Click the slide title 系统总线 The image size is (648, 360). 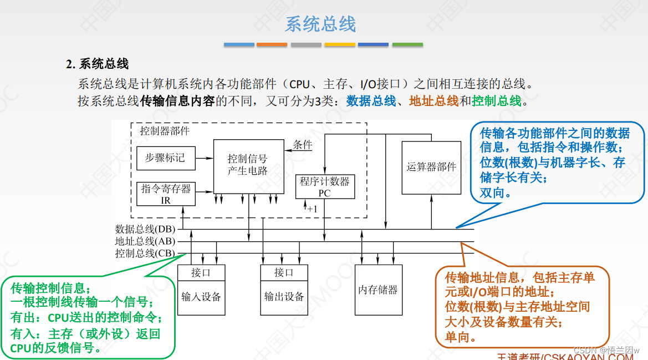[320, 24]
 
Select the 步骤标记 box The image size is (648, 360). [165, 158]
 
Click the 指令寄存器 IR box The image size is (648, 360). [165, 194]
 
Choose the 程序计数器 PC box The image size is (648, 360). [324, 186]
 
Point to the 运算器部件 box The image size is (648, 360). [431, 167]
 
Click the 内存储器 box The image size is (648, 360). [377, 290]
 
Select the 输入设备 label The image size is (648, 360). [201, 297]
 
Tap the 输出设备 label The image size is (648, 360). [284, 297]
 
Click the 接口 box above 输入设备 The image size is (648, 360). [201, 272]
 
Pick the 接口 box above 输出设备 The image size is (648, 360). [284, 272]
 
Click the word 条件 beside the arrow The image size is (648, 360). [303, 145]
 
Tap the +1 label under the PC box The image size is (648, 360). [312, 209]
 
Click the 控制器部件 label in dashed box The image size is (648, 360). [165, 131]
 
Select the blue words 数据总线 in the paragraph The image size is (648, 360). [371, 101]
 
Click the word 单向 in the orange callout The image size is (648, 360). [459, 337]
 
